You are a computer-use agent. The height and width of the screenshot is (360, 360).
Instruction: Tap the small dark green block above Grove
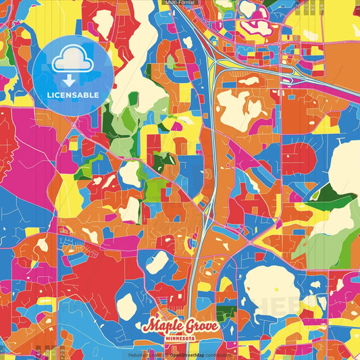pos(227,313)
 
